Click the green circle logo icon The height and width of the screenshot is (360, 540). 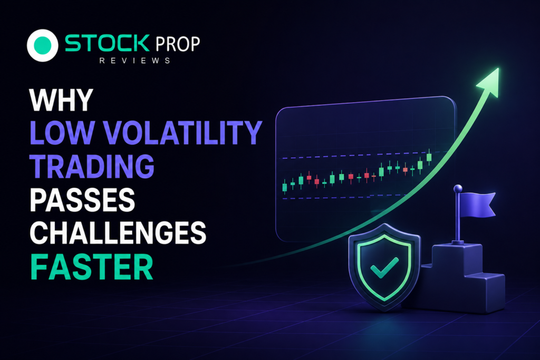pyautogui.click(x=42, y=45)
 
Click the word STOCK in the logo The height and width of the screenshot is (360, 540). pyautogui.click(x=107, y=43)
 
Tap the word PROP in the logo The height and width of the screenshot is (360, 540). pyautogui.click(x=178, y=44)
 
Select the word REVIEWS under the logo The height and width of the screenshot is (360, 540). pyautogui.click(x=134, y=61)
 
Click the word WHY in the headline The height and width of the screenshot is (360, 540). pyautogui.click(x=61, y=100)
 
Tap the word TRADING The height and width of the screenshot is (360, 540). pyautogui.click(x=92, y=166)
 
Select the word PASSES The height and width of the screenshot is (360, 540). pyautogui.click(x=82, y=200)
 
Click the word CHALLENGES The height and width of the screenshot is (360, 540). pyautogui.click(x=118, y=232)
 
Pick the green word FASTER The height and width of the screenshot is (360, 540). pyautogui.click(x=92, y=267)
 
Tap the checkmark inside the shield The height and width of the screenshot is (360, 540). pyautogui.click(x=384, y=267)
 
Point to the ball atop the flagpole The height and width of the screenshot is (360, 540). pyautogui.click(x=458, y=189)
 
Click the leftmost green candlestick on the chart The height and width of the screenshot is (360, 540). pyautogui.click(x=284, y=187)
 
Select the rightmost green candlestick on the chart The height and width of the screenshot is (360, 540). pyautogui.click(x=429, y=157)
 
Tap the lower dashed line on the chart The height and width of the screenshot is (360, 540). pyautogui.click(x=344, y=197)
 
